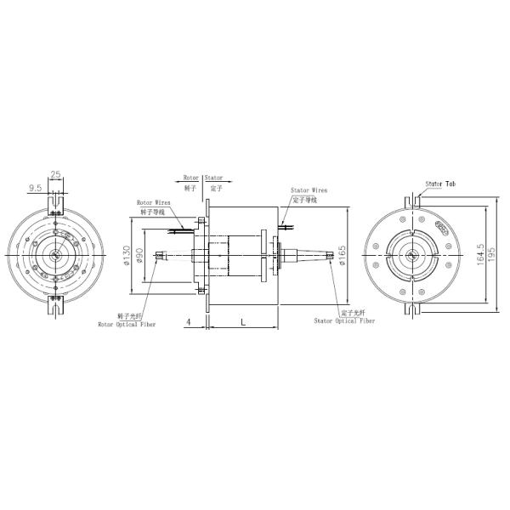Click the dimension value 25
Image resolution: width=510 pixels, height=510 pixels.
(x=56, y=174)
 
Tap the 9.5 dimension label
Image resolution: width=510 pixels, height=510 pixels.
(x=36, y=186)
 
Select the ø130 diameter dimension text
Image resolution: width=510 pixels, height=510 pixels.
(x=127, y=255)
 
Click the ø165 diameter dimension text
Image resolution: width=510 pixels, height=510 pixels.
(x=341, y=255)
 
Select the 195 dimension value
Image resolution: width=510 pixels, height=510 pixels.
(x=492, y=255)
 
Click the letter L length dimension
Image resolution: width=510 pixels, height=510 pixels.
(x=243, y=321)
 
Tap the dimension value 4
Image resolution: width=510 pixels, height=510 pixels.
(x=187, y=321)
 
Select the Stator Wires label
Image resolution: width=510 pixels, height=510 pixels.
(x=309, y=190)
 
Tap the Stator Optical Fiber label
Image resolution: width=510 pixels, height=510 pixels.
(x=344, y=321)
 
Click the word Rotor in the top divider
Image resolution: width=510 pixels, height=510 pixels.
(x=191, y=178)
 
